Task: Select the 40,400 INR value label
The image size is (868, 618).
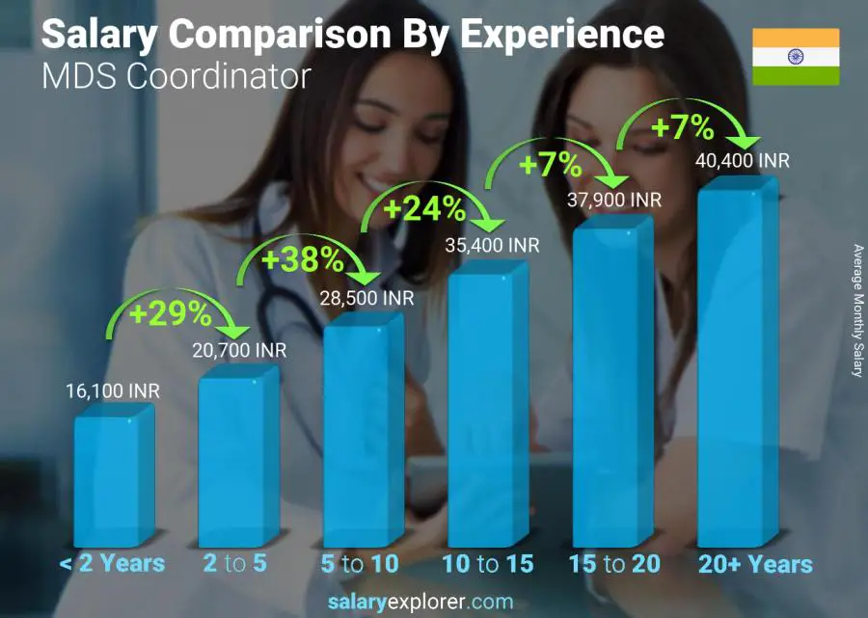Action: [742, 160]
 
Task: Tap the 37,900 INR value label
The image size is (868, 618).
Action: [613, 201]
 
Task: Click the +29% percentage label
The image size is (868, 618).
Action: [172, 313]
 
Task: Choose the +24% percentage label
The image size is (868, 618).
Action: [426, 208]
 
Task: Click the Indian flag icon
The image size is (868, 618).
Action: [796, 57]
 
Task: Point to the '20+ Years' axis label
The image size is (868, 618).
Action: [756, 564]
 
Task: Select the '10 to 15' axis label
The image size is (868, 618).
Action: [487, 564]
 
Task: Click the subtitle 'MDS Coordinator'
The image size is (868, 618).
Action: [176, 76]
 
